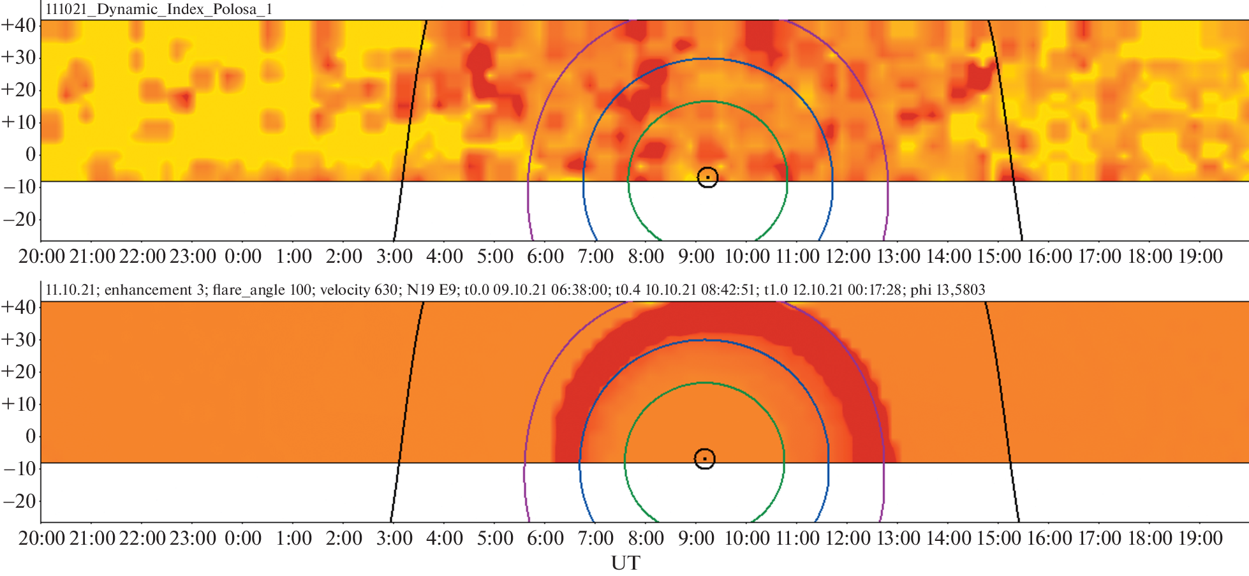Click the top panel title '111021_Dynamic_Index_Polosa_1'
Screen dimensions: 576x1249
[x=159, y=10]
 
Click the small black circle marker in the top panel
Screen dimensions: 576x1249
[x=707, y=177]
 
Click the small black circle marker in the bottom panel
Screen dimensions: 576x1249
[x=704, y=459]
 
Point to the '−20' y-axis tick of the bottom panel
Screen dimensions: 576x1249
[x=19, y=501]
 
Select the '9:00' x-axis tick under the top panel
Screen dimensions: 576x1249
[x=696, y=256]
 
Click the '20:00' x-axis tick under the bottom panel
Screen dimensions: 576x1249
[x=41, y=538]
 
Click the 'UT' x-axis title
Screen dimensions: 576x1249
[x=625, y=563]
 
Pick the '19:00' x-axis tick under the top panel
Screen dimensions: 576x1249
[x=1200, y=256]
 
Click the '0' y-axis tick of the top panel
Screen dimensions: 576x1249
[x=30, y=154]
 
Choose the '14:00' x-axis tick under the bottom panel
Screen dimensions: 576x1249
[x=948, y=538]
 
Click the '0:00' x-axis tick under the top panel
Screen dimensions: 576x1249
[x=243, y=256]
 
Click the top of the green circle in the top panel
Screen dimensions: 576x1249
[x=708, y=101]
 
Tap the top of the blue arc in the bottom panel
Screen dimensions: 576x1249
[x=704, y=340]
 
